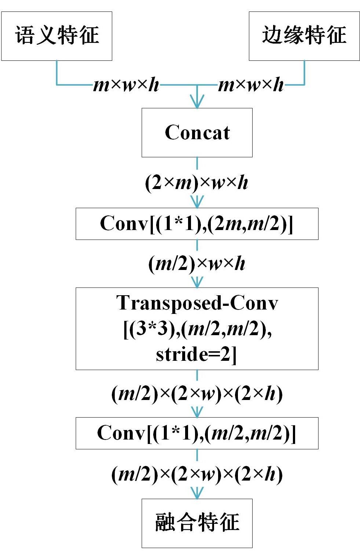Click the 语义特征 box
click(x=57, y=36)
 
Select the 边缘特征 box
click(x=304, y=36)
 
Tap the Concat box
click(x=197, y=133)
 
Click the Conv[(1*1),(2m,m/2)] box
click(x=197, y=224)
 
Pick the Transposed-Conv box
click(x=197, y=329)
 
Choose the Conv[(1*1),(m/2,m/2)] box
click(x=197, y=433)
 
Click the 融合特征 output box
click(x=197, y=523)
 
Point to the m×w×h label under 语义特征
click(x=126, y=85)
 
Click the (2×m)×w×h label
click(x=196, y=183)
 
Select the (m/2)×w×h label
click(x=196, y=264)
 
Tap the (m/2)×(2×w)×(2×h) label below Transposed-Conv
click(x=197, y=394)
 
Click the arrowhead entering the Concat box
click(x=197, y=101)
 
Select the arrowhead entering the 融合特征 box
click(x=197, y=493)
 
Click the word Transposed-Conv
click(x=197, y=303)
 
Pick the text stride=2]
click(x=196, y=354)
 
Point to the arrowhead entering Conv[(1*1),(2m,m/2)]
click(x=197, y=202)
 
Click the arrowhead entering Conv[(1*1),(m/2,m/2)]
click(x=197, y=412)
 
